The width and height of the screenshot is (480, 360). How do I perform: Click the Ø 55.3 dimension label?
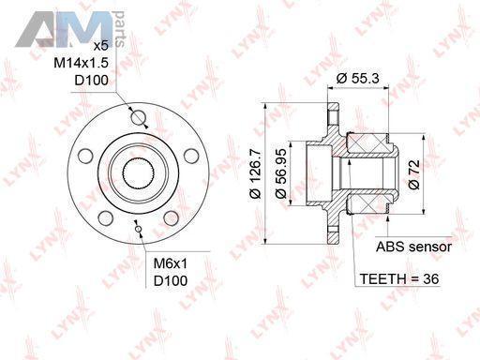click(358, 78)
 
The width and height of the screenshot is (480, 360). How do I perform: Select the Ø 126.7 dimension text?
click(256, 173)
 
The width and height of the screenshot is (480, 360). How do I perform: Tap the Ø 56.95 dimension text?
click(280, 173)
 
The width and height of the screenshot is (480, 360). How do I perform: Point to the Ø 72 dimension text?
click(414, 174)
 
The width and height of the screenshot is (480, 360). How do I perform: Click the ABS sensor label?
click(413, 247)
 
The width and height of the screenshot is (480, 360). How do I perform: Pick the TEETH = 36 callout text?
click(399, 278)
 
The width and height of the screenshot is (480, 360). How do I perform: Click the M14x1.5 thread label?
click(81, 63)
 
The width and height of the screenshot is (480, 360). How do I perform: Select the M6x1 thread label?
click(171, 263)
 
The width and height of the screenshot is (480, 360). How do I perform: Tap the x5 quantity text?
click(101, 46)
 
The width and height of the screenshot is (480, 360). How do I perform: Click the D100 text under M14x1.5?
click(91, 80)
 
